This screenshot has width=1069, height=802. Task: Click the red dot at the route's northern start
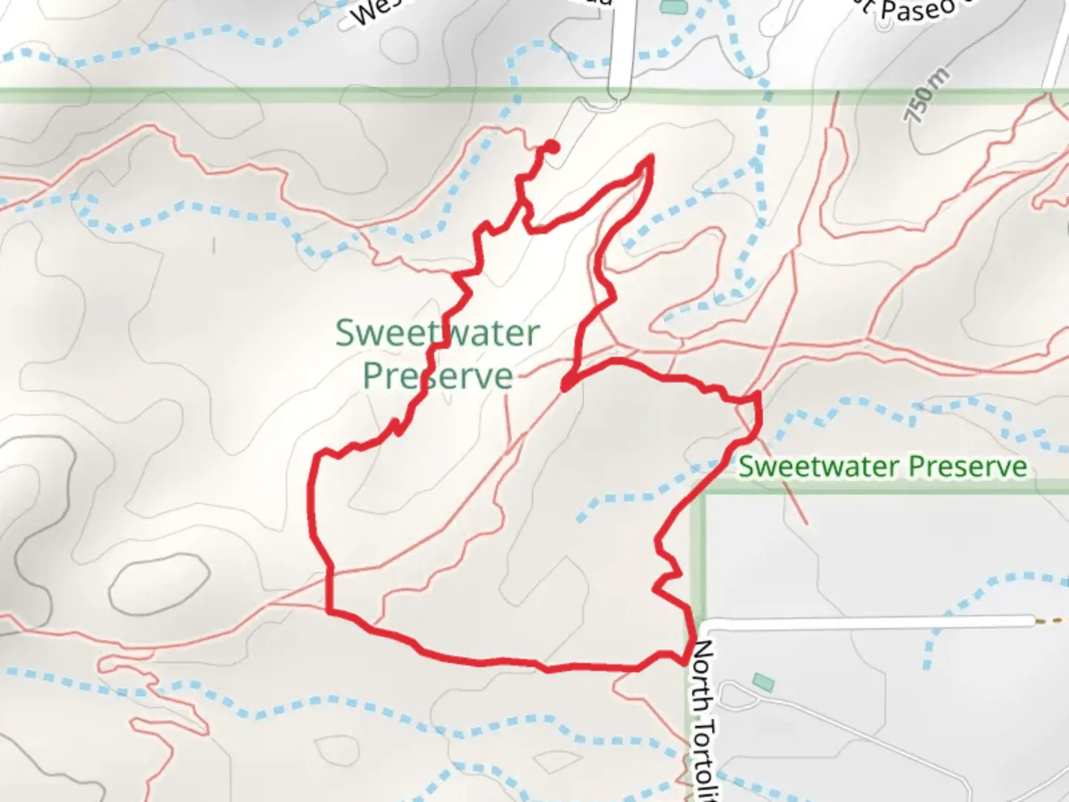[x=552, y=147]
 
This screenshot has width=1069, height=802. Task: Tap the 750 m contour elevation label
[x=926, y=95]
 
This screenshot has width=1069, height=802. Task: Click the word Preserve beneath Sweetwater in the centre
[x=438, y=376]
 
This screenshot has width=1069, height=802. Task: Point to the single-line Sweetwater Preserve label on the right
[x=883, y=466]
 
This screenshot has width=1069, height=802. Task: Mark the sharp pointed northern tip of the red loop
[x=651, y=157]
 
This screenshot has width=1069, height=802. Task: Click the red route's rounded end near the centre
[x=566, y=385]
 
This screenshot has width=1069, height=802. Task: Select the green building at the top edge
[x=674, y=7]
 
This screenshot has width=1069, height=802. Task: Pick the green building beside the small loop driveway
[x=762, y=682]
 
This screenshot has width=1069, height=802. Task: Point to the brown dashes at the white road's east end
[x=1050, y=620]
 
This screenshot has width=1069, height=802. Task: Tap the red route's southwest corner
[x=329, y=611]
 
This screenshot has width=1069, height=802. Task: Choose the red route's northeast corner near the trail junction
[x=756, y=397]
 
